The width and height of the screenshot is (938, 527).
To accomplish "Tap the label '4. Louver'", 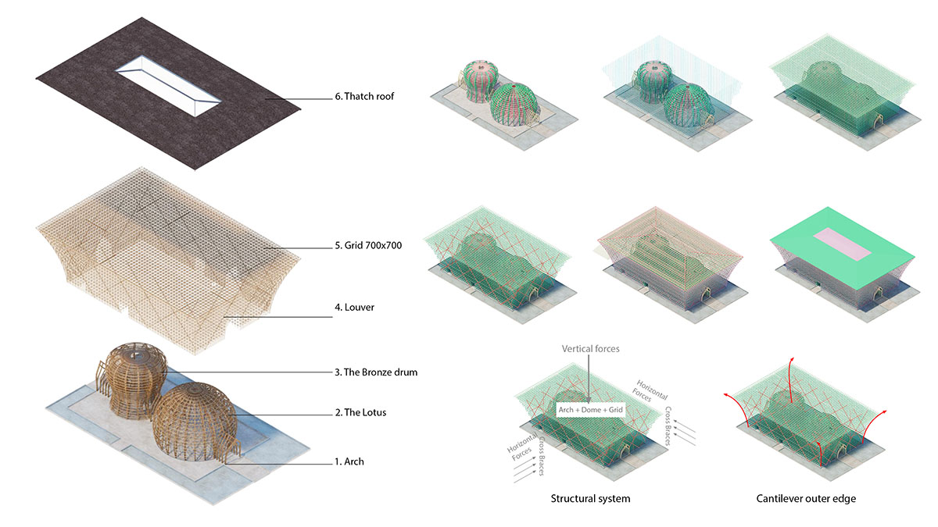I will [354, 308].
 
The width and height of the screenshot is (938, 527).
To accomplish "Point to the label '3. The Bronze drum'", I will [375, 372].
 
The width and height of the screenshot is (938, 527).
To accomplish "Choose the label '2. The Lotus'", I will [360, 412].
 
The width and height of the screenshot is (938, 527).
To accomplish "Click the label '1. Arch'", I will [349, 461].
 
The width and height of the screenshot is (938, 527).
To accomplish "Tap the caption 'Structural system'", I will [590, 498].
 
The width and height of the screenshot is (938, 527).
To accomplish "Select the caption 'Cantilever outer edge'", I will [806, 498].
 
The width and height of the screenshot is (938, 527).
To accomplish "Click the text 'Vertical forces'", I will [589, 349].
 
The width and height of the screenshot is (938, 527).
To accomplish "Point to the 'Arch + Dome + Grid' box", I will [590, 408].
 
